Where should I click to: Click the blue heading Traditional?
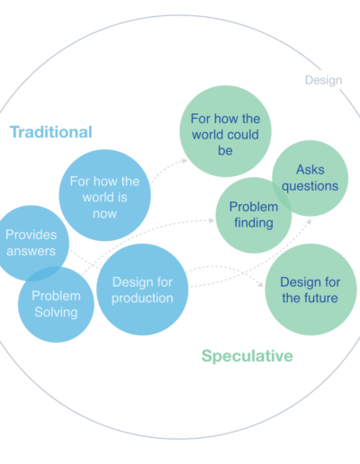[51, 132]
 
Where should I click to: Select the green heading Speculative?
[247, 356]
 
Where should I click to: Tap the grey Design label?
[323, 80]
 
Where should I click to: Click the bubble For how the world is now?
[104, 195]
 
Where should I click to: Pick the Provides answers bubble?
[31, 243]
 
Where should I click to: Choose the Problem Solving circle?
[56, 304]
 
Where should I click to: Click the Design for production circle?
[142, 290]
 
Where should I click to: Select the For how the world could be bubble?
[225, 131]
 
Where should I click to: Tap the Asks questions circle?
[310, 178]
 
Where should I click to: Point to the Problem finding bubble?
[254, 215]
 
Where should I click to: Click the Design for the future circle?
[310, 290]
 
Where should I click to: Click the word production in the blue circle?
[142, 299]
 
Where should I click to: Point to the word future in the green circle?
[321, 298]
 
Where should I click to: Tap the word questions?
[310, 186]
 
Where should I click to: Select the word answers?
[31, 251]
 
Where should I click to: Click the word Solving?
[56, 312]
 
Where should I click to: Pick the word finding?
[254, 223]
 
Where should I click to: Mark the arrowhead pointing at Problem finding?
[211, 220]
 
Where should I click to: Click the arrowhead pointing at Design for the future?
[260, 284]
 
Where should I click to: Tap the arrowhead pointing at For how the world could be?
[184, 161]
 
